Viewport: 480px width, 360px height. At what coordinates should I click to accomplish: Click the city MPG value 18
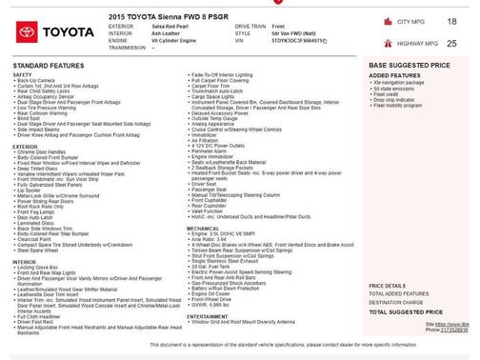coord(450,20)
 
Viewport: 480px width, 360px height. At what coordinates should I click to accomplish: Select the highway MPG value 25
coord(450,43)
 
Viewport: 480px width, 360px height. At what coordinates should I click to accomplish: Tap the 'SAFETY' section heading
coord(23,73)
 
